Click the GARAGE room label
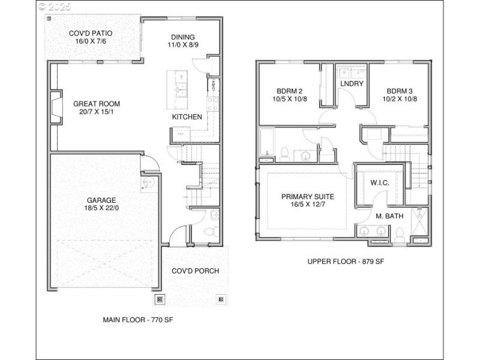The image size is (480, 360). (x=100, y=200)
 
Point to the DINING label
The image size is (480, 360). (x=183, y=37)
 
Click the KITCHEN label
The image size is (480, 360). (x=187, y=117)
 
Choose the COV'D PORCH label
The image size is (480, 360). (x=195, y=271)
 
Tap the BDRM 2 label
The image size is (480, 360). (x=289, y=91)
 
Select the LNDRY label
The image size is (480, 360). (x=352, y=83)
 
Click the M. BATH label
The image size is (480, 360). (x=388, y=215)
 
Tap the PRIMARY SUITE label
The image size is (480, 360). (x=308, y=196)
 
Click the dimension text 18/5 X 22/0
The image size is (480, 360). (x=100, y=208)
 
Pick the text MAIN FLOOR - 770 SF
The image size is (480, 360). (x=139, y=320)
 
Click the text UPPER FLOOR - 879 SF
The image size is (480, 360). (x=345, y=261)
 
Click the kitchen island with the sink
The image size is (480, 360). (x=177, y=87)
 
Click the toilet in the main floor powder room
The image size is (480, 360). (x=208, y=230)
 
